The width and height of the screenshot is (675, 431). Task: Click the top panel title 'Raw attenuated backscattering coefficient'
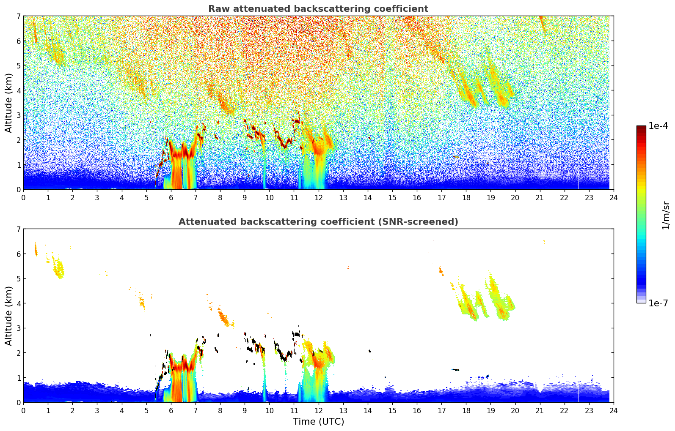click(318, 9)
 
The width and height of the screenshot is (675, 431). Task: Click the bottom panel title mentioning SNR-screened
click(318, 222)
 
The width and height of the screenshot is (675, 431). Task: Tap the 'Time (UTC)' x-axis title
click(318, 422)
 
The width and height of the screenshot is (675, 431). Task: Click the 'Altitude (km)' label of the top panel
click(9, 103)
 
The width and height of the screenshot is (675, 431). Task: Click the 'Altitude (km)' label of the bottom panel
click(9, 316)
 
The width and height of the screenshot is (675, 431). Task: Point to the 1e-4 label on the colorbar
click(658, 126)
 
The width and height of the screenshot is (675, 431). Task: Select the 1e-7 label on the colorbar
click(658, 303)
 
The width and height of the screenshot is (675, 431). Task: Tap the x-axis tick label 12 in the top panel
click(318, 197)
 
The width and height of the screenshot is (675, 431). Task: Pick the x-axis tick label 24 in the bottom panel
click(613, 410)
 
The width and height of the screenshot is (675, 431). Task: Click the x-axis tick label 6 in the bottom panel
click(171, 410)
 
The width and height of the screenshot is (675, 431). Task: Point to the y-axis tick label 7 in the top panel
click(19, 16)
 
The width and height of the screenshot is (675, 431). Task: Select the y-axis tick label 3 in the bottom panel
click(19, 328)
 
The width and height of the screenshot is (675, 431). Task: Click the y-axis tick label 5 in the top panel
click(19, 66)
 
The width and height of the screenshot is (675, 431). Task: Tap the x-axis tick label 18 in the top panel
click(466, 197)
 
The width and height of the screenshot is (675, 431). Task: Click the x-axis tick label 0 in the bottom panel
click(23, 410)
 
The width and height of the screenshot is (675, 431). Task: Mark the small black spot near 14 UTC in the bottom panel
click(369, 351)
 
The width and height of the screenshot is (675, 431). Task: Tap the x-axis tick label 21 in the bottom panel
click(540, 410)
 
